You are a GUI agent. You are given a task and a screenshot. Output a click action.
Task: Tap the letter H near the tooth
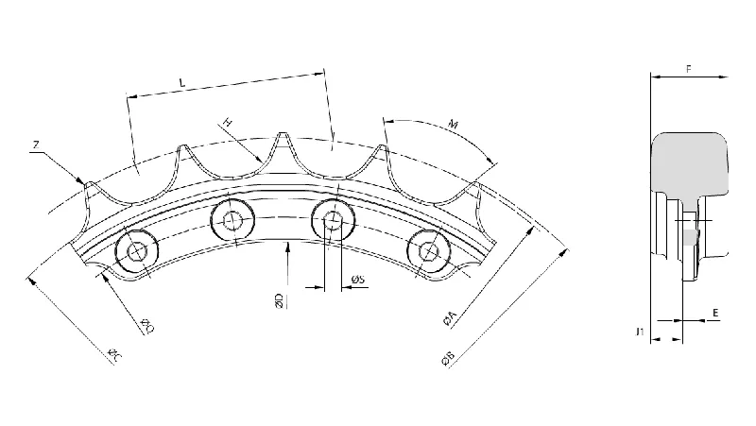228,123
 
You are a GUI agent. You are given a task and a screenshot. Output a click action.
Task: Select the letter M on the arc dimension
455,123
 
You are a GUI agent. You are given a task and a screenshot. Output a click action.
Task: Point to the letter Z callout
35,145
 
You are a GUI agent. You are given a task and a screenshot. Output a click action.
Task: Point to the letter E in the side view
714,310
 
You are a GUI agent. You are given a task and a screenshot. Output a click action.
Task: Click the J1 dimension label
641,332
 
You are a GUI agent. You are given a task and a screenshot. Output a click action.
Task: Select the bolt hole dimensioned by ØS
332,222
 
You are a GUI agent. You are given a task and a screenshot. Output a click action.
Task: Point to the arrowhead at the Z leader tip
82,182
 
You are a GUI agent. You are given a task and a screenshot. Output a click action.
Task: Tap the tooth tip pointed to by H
281,138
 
